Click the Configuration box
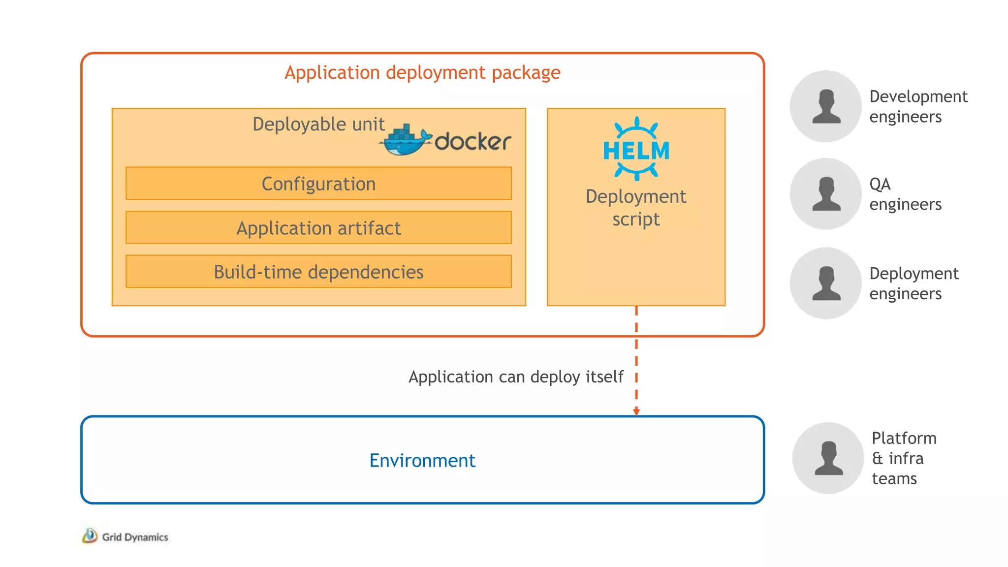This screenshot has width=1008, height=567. (x=318, y=184)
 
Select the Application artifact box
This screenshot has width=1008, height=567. (x=318, y=228)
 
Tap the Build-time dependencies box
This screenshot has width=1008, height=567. (x=318, y=272)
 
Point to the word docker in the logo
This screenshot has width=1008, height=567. (x=472, y=142)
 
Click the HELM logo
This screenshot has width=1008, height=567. (x=636, y=149)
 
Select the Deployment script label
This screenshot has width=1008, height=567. (x=636, y=207)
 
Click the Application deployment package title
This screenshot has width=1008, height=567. (x=422, y=73)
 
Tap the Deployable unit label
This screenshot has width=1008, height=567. (x=318, y=124)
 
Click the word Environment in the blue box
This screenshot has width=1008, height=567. (x=422, y=461)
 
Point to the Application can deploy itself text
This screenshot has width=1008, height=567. (x=516, y=377)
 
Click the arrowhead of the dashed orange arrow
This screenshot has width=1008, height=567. (x=636, y=411)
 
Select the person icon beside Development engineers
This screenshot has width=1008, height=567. (x=826, y=106)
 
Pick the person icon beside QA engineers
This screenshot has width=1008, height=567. (x=826, y=194)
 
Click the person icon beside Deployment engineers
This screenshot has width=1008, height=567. (x=826, y=283)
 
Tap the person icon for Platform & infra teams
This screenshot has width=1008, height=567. (x=828, y=458)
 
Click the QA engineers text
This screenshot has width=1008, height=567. (x=905, y=194)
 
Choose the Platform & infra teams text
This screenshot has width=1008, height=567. (x=904, y=458)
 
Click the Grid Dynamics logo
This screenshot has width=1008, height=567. (x=125, y=536)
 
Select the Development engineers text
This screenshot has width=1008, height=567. (x=918, y=106)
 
